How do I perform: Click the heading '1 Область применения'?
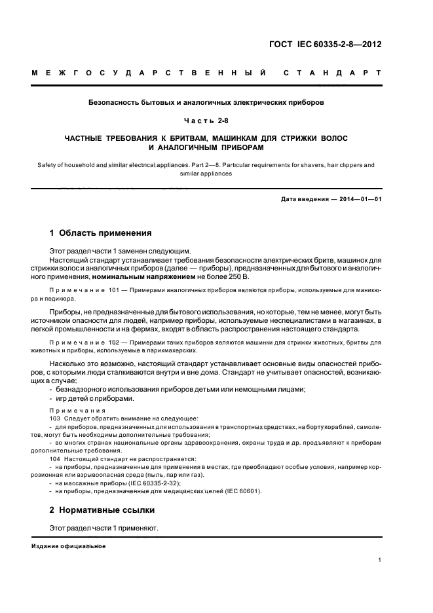pos(101,232)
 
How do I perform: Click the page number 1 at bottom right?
pos(379,560)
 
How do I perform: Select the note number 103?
pos(54,418)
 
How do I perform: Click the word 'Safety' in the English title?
pos(43,165)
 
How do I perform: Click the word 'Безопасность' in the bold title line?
pos(115,102)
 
